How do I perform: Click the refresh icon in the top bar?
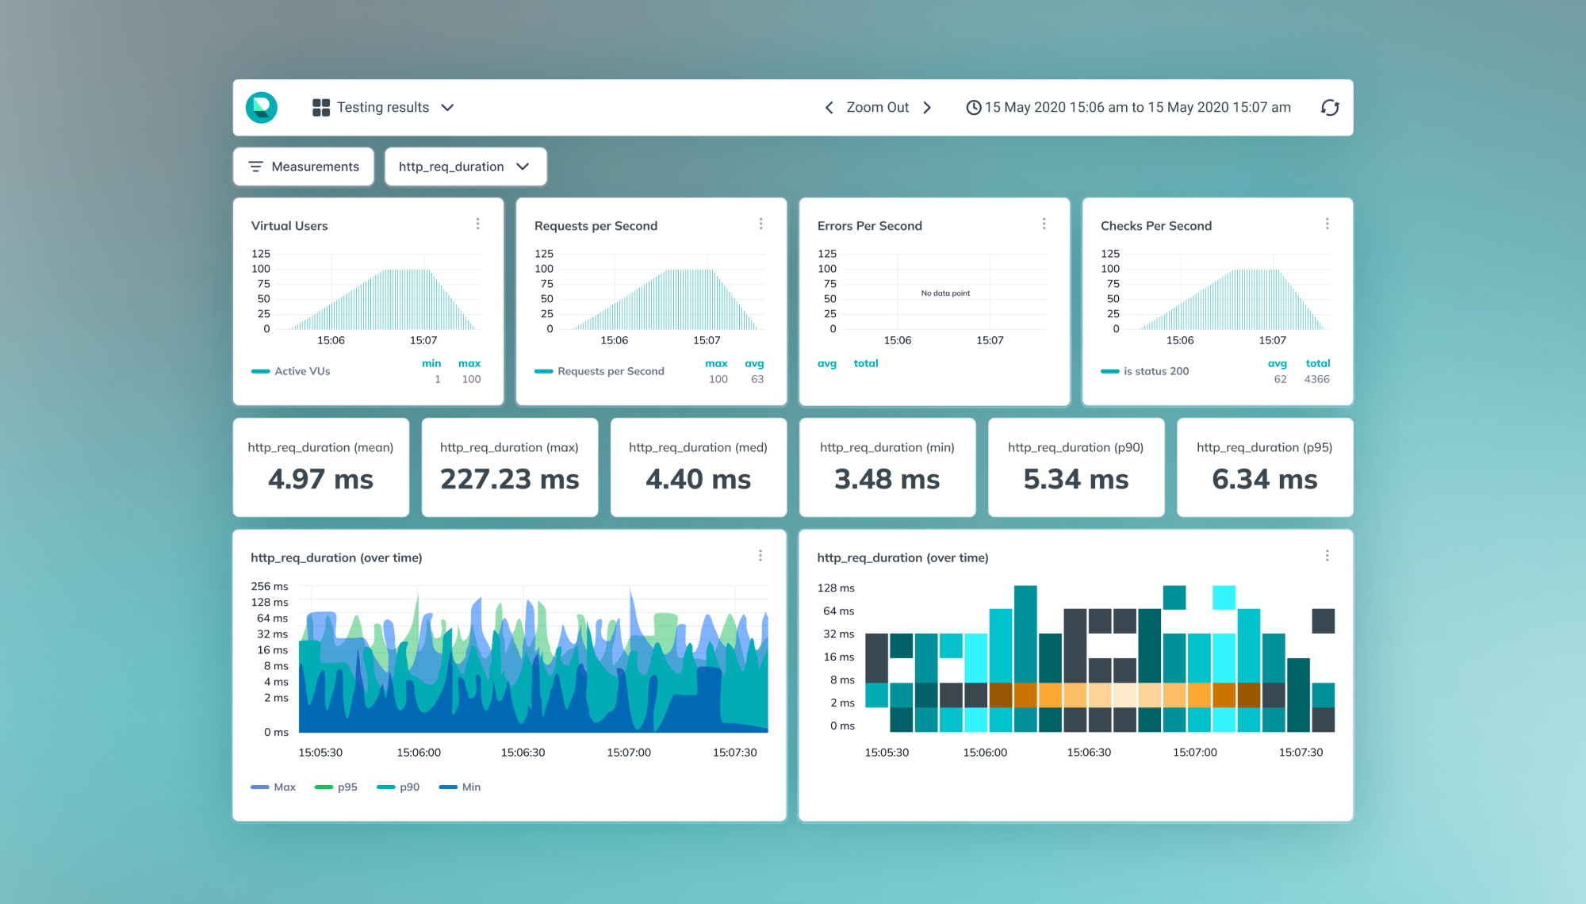coord(1330,108)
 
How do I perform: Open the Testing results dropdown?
coord(383,108)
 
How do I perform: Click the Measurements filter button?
coord(304,167)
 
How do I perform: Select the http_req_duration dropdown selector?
coord(465,167)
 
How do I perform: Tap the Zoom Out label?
coord(878,107)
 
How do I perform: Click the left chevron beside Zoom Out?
coord(829,108)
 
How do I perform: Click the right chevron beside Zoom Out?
coord(927,108)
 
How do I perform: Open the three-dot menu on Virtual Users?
coord(477,224)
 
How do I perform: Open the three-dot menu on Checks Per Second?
coord(1327,224)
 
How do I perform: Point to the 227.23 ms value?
coord(510,479)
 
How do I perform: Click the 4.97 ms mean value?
coord(320,479)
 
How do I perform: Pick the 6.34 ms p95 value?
coord(1265,479)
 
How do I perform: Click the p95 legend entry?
coord(336,787)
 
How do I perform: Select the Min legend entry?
coord(460,787)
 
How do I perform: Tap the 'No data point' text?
coord(945,293)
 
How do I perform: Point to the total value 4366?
coord(1317,379)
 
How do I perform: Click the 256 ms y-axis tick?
coord(270,587)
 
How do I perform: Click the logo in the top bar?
coord(262,108)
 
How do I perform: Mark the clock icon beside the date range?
coord(974,108)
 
